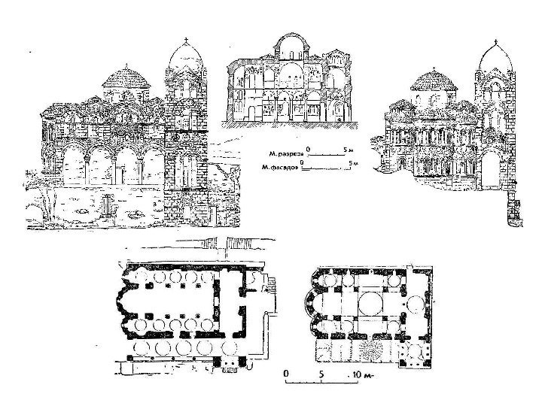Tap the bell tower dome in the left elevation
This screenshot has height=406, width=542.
click(x=185, y=59)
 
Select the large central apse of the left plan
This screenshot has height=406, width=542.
click(x=124, y=310)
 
